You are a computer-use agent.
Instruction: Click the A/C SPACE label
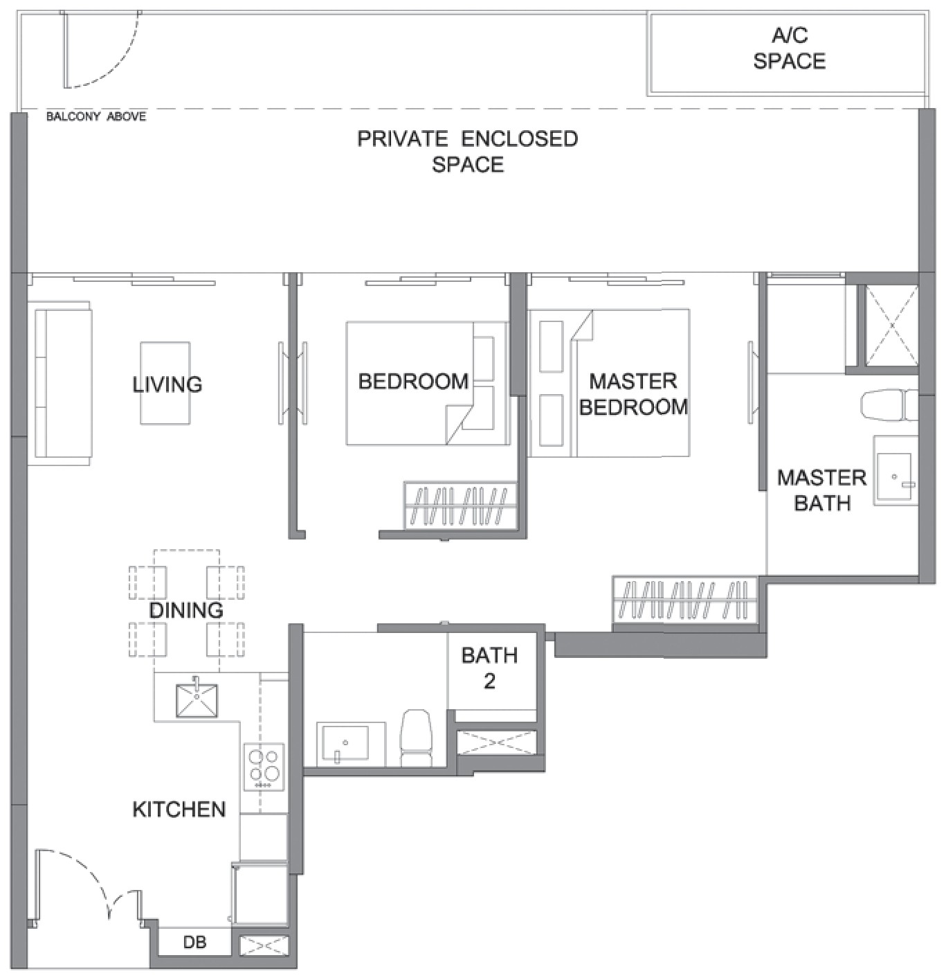(x=789, y=48)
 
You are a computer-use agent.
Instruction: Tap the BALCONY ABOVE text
(x=96, y=117)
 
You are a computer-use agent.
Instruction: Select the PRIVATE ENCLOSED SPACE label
(x=468, y=152)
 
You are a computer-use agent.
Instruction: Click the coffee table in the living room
(x=165, y=383)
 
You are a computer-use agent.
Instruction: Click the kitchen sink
(x=197, y=700)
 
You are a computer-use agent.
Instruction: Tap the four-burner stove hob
(x=264, y=767)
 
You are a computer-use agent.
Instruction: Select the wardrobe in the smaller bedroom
(x=460, y=505)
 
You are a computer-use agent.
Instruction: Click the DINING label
(x=186, y=610)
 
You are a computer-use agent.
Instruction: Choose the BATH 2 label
(x=489, y=668)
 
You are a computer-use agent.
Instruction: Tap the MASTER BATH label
(x=821, y=490)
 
